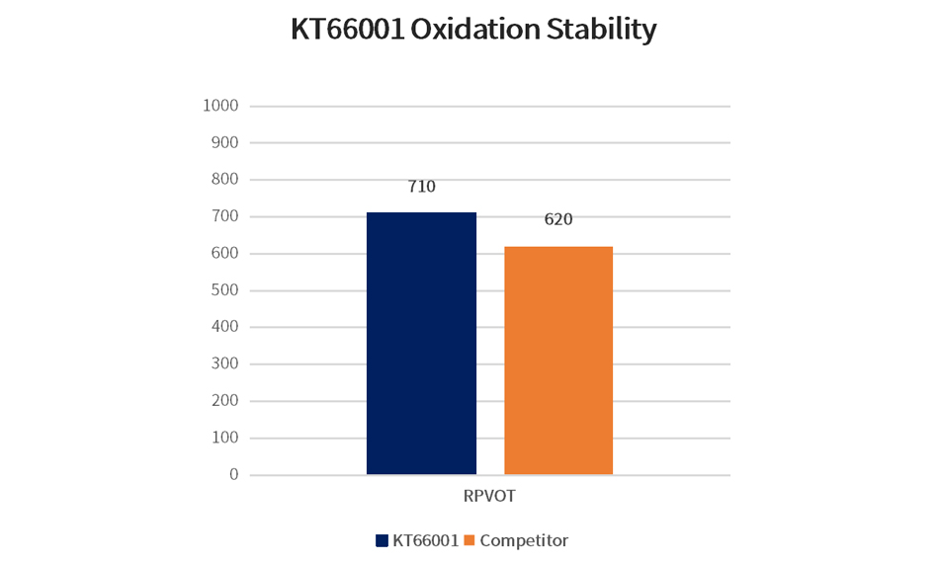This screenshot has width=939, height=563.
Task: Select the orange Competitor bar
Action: tap(558, 361)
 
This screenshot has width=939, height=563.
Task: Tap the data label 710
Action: tap(422, 186)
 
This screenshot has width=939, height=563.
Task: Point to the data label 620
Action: tap(558, 219)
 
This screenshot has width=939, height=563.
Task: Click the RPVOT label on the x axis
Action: tap(489, 496)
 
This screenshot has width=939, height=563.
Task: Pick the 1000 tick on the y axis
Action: tap(220, 106)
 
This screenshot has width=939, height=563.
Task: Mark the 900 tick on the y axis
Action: tap(225, 142)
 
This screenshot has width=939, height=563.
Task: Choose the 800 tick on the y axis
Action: tap(225, 180)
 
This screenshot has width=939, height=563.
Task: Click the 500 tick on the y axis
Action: tap(225, 290)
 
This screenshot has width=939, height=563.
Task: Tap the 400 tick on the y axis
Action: tap(225, 327)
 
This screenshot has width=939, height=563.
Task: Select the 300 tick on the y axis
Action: tap(225, 364)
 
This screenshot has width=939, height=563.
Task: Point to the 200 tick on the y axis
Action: tap(225, 401)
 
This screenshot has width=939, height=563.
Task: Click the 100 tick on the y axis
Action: tap(225, 438)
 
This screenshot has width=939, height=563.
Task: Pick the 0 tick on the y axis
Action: tap(234, 475)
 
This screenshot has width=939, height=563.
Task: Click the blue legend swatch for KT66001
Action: tap(383, 540)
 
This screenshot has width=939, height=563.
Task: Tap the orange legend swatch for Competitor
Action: tap(469, 540)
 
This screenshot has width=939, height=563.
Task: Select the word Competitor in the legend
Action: tap(524, 540)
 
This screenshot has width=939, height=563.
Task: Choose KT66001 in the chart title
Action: tap(346, 30)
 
